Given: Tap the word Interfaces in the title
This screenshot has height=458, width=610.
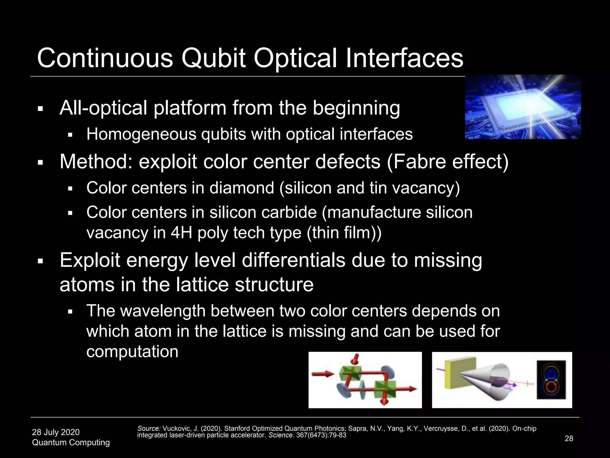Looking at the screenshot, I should coord(404,58).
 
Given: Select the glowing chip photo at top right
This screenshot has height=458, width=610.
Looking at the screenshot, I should coord(523,107).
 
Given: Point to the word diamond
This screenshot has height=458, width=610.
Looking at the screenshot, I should coord(241,188).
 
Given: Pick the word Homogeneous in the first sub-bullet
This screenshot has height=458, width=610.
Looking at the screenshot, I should coord(141,134).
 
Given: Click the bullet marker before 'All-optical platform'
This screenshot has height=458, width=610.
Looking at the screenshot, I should coord(41,109).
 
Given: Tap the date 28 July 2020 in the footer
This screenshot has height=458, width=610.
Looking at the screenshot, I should coord(56,432).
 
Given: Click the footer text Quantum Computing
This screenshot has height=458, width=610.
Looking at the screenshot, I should coord(71,442).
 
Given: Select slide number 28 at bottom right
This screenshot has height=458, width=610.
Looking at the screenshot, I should coord(569,438).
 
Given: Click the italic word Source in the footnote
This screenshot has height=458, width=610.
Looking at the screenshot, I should coord(149,428).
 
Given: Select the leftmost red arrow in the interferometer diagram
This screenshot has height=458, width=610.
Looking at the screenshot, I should coord(323,374).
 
